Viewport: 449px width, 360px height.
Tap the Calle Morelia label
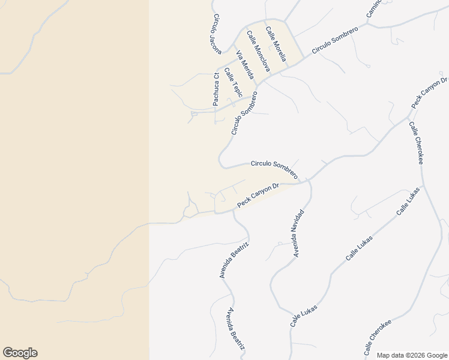coord(276,46)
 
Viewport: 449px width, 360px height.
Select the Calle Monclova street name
coord(258,52)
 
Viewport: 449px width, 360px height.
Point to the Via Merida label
coord(246,67)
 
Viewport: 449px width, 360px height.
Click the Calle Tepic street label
coord(233,83)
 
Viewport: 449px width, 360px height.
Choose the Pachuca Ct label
coord(216,89)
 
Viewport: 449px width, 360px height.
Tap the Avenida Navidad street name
coord(298,234)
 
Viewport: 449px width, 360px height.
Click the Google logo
coord(20,353)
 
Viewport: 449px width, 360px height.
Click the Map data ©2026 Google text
coord(411,355)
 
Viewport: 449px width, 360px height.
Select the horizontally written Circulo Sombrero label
coord(274,168)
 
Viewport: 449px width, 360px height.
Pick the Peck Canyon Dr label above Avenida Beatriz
coord(259,196)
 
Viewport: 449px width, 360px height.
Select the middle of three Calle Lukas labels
coord(359,247)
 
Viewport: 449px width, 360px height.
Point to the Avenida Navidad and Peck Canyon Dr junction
coord(307,180)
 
